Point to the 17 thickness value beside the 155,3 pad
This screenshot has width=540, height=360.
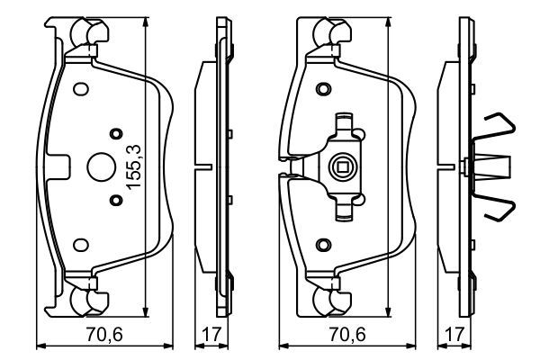click(x=212, y=334)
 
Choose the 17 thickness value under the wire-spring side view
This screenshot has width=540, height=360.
click(x=455, y=334)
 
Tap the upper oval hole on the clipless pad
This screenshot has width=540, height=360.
click(x=80, y=89)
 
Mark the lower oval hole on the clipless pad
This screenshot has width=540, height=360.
click(x=80, y=243)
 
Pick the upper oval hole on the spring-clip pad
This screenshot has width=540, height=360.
click(x=323, y=89)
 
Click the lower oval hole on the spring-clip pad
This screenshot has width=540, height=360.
click(x=323, y=243)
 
